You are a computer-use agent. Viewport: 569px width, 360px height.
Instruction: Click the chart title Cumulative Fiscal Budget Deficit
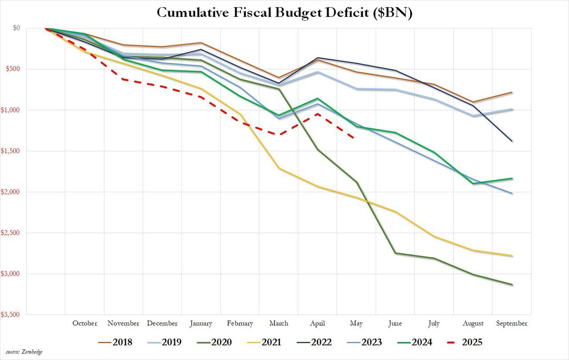click(284, 12)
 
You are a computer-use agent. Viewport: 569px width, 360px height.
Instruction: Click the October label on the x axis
click(84, 323)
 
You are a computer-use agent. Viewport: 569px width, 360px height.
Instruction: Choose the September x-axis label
click(512, 323)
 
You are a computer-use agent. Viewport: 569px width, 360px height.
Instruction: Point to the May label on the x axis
click(357, 323)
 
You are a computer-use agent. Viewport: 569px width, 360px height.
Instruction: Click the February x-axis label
click(240, 323)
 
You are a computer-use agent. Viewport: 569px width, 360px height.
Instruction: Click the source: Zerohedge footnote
click(24, 352)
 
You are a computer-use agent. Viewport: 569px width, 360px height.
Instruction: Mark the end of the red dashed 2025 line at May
click(354, 138)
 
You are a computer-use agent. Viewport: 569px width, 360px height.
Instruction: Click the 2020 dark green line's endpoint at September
click(512, 284)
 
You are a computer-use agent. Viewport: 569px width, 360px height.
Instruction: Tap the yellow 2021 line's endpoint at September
click(512, 256)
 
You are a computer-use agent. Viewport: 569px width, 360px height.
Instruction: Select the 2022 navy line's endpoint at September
click(512, 141)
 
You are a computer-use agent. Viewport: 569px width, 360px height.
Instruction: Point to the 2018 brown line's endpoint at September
click(512, 92)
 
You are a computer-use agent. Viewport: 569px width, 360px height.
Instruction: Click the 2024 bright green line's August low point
click(473, 184)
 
